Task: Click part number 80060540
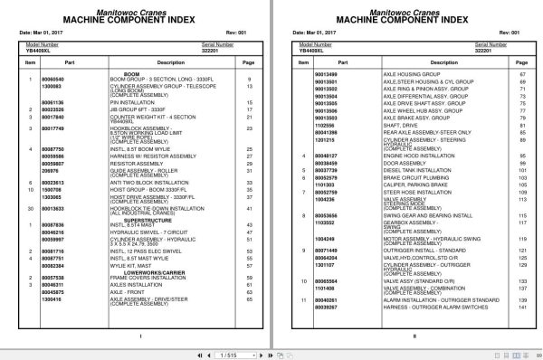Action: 81,80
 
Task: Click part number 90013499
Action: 325,73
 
